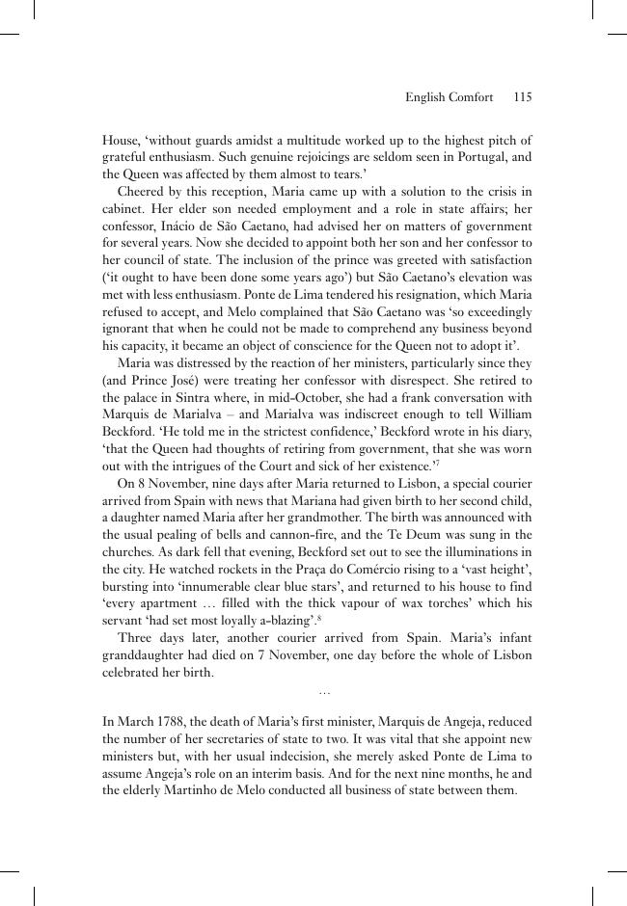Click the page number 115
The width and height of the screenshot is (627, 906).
pyautogui.click(x=523, y=97)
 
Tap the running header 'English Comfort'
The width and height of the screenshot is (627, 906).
pyautogui.click(x=449, y=97)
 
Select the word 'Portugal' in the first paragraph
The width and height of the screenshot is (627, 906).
pyautogui.click(x=478, y=157)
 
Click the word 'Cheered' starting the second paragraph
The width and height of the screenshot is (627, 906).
pyautogui.click(x=141, y=192)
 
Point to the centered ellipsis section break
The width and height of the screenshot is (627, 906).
pyautogui.click(x=324, y=692)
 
